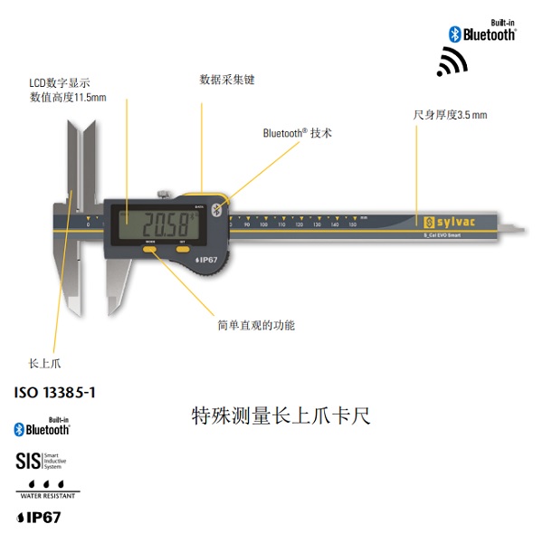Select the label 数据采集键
pyautogui.click(x=227, y=80)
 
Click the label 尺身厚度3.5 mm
pyautogui.click(x=450, y=115)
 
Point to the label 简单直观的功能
pyautogui.click(x=256, y=325)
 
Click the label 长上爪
pyautogui.click(x=44, y=364)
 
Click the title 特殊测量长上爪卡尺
pyautogui.click(x=281, y=416)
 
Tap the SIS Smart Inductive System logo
pyautogui.click(x=42, y=461)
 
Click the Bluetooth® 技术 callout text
pyautogui.click(x=298, y=133)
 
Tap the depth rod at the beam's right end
pyautogui.click(x=514, y=227)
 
